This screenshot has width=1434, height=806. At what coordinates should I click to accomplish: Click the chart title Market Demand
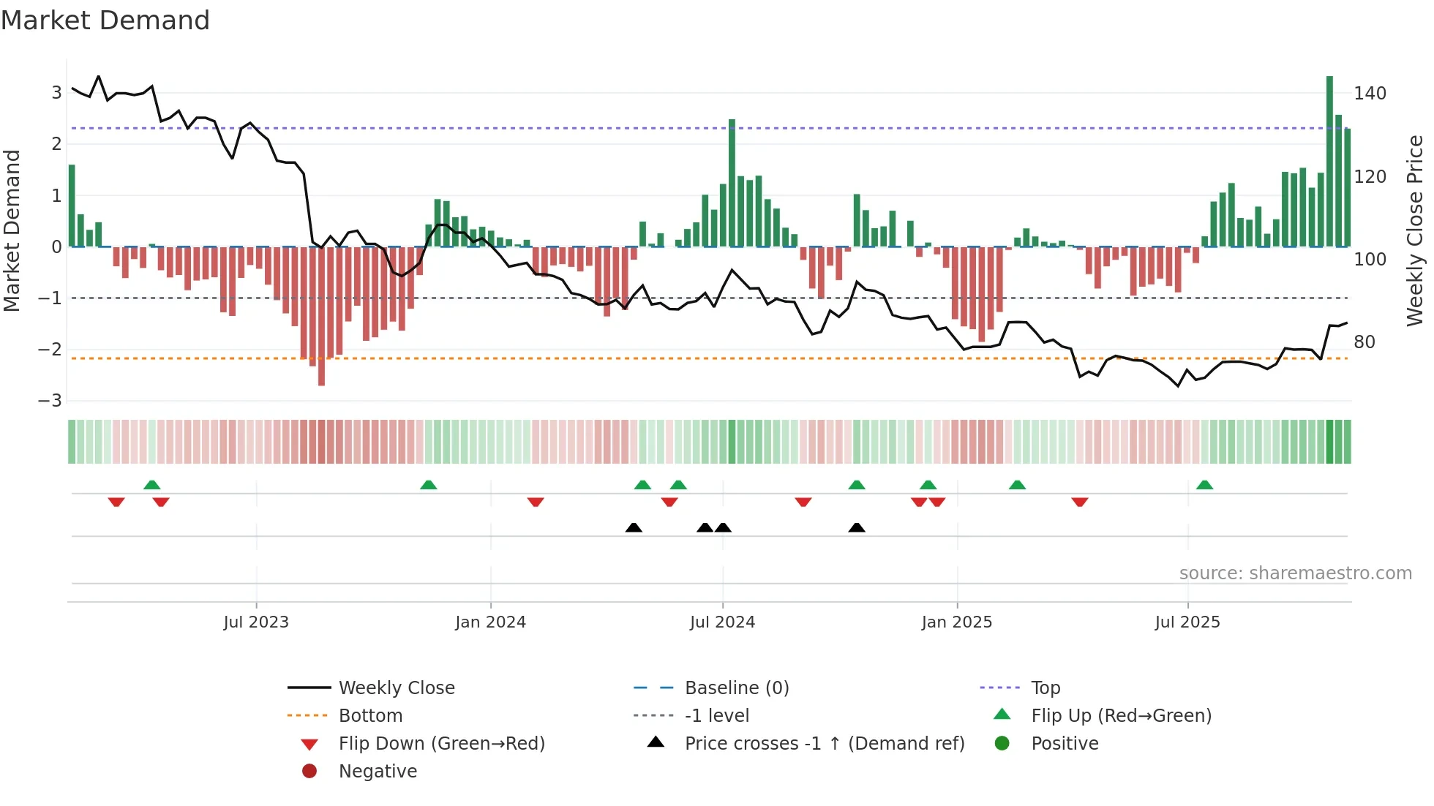tap(105, 20)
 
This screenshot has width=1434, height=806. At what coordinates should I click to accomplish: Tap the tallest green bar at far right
tap(1329, 161)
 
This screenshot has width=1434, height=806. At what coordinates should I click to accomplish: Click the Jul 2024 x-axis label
tap(722, 622)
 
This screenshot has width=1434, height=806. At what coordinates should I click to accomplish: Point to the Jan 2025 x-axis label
tap(956, 622)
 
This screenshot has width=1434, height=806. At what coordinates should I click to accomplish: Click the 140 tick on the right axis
tap(1370, 94)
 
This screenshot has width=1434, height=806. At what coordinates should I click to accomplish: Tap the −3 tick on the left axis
tap(50, 401)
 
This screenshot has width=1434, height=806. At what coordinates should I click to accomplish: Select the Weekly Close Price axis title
tap(1415, 230)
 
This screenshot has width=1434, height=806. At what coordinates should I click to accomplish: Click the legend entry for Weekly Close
tap(396, 688)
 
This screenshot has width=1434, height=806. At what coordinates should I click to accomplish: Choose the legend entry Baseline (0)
tap(736, 688)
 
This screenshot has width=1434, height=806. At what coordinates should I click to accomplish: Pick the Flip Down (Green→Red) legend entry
tap(441, 744)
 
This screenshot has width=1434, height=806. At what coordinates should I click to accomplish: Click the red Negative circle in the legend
tap(309, 771)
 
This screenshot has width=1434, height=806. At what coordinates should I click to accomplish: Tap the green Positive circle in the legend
tap(1002, 744)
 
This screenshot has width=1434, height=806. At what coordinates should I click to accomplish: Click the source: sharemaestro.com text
tap(1295, 573)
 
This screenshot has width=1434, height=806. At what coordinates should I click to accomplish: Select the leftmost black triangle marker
tap(634, 527)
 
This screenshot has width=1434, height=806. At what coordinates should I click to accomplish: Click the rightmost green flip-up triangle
tap(1204, 485)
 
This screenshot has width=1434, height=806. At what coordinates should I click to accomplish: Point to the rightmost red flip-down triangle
tap(1080, 502)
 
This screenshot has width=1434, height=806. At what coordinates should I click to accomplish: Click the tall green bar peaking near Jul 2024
tap(732, 183)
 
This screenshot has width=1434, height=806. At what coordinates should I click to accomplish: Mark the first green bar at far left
tap(72, 206)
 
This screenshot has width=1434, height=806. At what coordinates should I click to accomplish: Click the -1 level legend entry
tap(716, 716)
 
